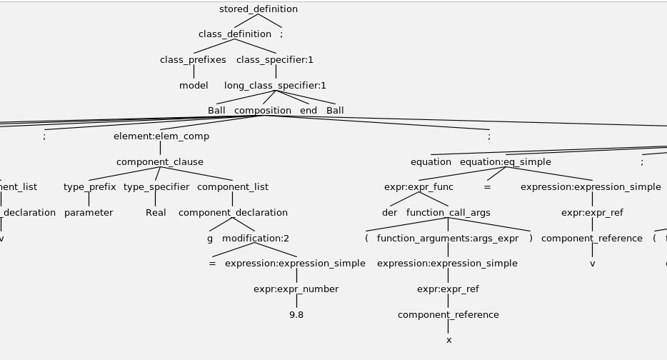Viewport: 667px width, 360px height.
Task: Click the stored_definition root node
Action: click(x=259, y=9)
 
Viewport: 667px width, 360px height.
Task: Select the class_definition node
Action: click(x=235, y=34)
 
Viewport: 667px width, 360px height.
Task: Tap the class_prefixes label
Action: click(x=193, y=60)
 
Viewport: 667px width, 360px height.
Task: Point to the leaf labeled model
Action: click(x=194, y=86)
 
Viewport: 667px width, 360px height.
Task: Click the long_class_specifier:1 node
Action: click(x=275, y=86)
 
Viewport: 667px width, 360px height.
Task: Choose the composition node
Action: click(x=263, y=111)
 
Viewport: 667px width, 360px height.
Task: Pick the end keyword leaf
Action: click(x=309, y=111)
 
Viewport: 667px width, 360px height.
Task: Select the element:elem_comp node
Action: click(x=161, y=136)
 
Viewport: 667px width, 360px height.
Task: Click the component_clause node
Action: click(x=160, y=162)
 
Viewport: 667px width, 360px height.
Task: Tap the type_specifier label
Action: click(x=156, y=187)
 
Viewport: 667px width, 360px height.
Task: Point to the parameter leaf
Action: click(x=89, y=213)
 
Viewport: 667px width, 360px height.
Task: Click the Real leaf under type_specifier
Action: click(x=156, y=213)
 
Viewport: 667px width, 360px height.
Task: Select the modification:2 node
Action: click(x=256, y=239)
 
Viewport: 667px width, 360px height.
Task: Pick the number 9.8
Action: click(x=296, y=315)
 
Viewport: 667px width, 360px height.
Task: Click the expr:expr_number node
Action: click(x=296, y=289)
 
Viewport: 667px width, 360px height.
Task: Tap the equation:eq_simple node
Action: click(x=506, y=162)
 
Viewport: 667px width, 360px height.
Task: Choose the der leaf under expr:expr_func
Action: click(x=389, y=213)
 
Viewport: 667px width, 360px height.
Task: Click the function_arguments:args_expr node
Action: click(x=448, y=239)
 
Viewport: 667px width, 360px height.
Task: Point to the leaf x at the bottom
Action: click(x=449, y=340)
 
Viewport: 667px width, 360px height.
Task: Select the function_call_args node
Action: click(x=448, y=213)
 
